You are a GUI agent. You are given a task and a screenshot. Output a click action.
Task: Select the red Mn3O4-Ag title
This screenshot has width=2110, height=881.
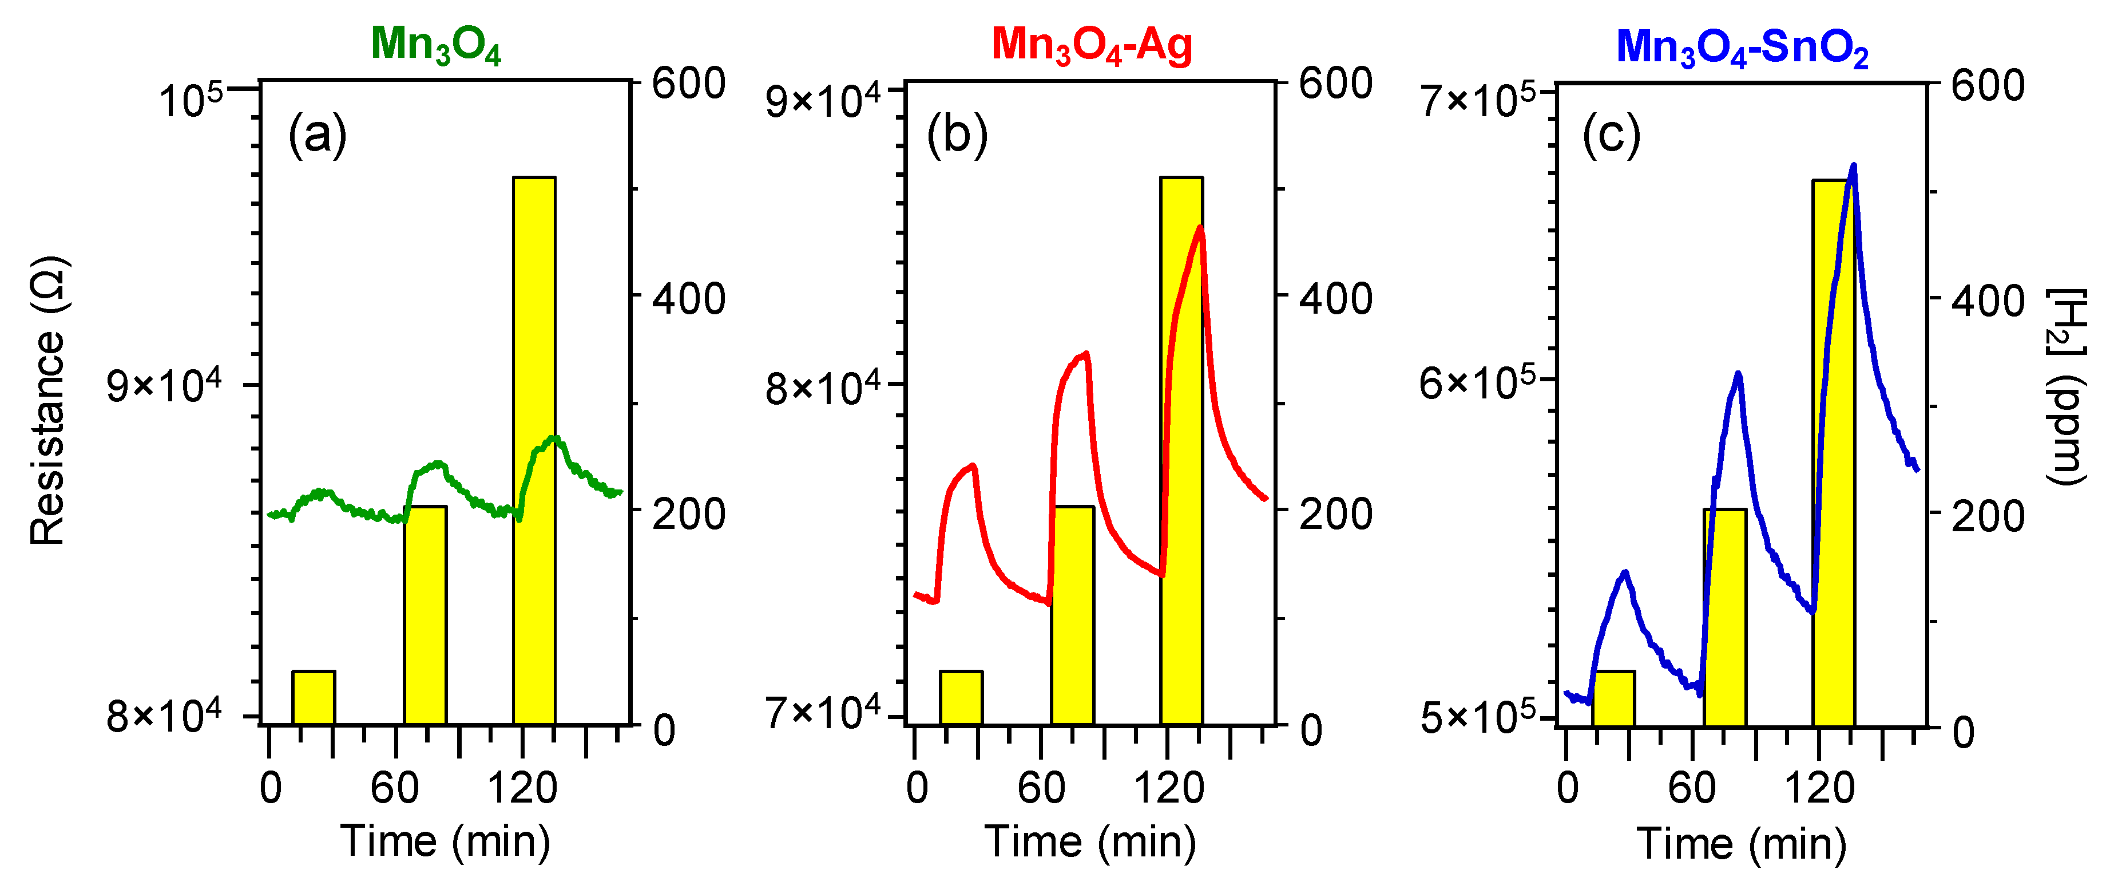click(x=1091, y=45)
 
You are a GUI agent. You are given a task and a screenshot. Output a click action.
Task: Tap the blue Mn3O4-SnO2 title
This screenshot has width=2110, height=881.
click(x=1742, y=48)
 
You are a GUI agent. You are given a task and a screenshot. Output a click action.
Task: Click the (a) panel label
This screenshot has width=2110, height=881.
click(x=317, y=135)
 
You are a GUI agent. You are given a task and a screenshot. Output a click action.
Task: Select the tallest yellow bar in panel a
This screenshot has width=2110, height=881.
click(x=534, y=451)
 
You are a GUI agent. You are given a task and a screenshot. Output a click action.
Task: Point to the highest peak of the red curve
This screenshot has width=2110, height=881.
click(x=1200, y=228)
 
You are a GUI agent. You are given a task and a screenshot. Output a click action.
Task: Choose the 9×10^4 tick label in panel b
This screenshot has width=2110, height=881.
click(x=822, y=101)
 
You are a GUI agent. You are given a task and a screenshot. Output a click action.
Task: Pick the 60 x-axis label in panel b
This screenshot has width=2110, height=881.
click(x=1041, y=788)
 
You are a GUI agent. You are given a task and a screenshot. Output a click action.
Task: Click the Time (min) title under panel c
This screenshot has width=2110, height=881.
click(x=1742, y=844)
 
